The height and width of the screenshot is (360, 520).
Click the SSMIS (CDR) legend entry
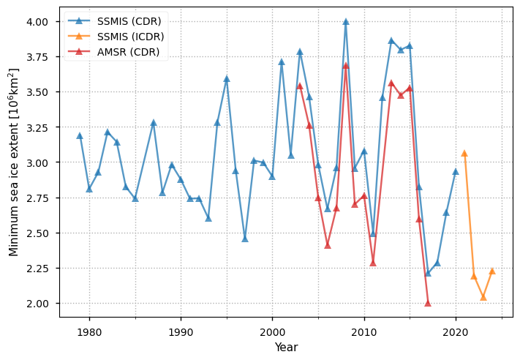[x=131, y=20]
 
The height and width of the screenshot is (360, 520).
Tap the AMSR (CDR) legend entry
[x=128, y=52]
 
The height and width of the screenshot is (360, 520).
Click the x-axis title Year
[x=286, y=347]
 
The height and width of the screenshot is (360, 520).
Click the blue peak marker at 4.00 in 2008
[x=346, y=22]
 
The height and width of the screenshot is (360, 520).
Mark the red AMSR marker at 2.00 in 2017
[x=428, y=303]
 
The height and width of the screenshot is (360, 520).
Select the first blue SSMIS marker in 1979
[x=80, y=136]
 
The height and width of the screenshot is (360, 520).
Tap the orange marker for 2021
[x=464, y=154]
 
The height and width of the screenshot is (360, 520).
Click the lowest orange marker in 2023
[x=483, y=297]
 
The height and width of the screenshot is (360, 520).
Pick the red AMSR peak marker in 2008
[x=346, y=66]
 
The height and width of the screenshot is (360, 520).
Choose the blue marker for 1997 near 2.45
[x=245, y=239]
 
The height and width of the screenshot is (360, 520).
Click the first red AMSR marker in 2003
[x=300, y=86]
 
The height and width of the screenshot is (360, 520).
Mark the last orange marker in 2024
[x=492, y=271]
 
